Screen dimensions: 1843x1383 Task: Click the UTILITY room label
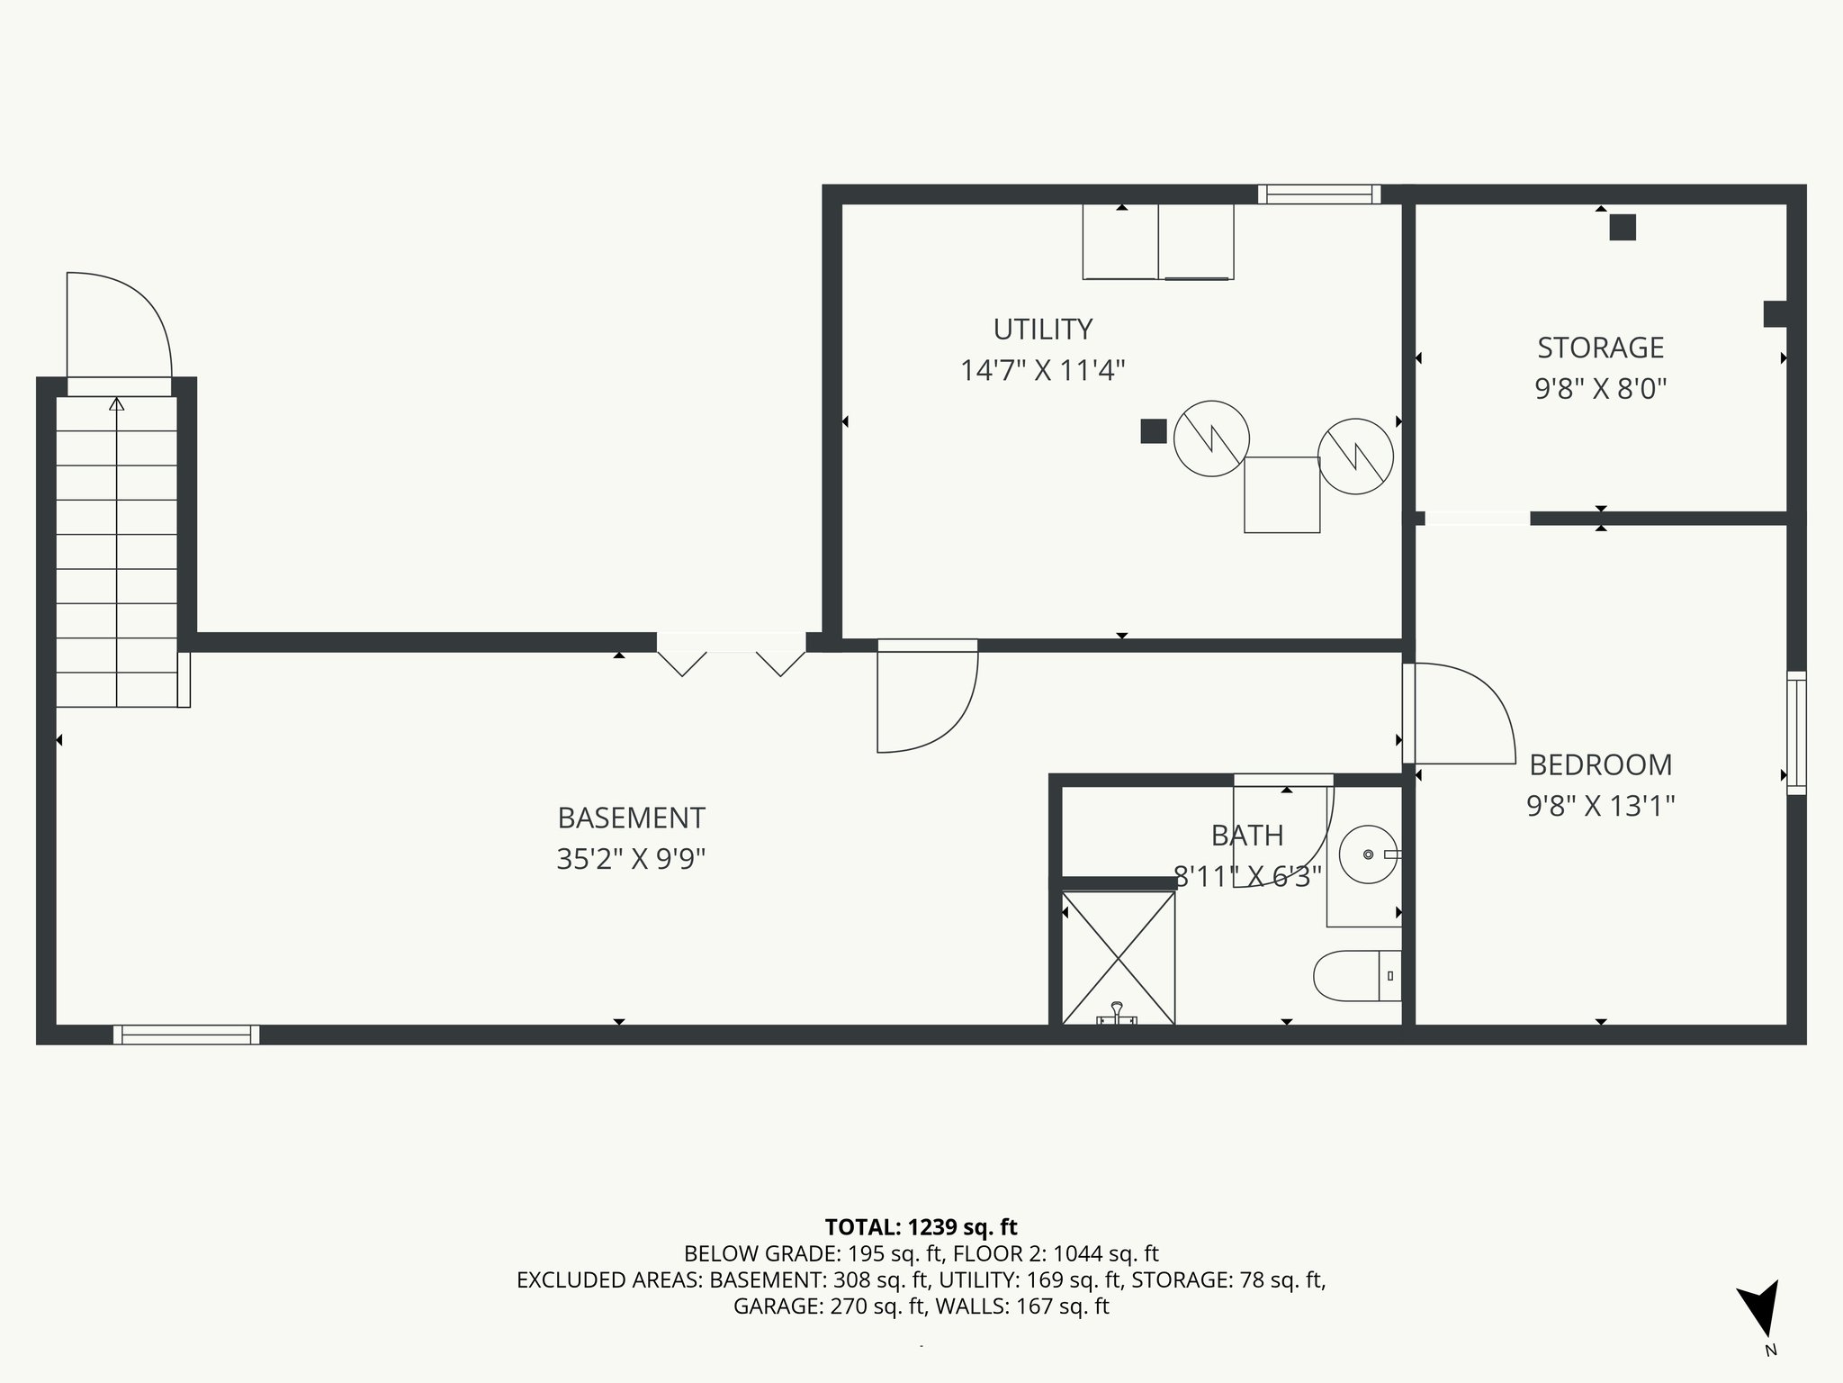click(1043, 330)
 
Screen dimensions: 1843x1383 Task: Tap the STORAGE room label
click(1601, 348)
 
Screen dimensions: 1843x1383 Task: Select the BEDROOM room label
click(1601, 764)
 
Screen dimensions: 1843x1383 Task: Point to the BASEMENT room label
click(631, 818)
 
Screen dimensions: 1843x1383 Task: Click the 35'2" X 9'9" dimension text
click(631, 859)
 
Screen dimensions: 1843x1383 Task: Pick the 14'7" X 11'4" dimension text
click(1043, 370)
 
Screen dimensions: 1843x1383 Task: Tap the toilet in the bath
click(1358, 976)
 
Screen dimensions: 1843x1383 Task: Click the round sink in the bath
click(1369, 854)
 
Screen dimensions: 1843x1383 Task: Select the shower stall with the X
click(1119, 957)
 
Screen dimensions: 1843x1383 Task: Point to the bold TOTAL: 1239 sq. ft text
click(921, 1227)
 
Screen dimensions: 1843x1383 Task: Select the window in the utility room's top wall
click(1319, 194)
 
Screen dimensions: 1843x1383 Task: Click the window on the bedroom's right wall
click(1796, 733)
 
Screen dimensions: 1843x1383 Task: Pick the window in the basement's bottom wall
click(186, 1035)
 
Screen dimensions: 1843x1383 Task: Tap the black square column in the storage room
click(1623, 228)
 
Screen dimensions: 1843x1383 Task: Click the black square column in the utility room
click(1154, 431)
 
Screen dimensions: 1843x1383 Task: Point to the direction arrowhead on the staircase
click(116, 404)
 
